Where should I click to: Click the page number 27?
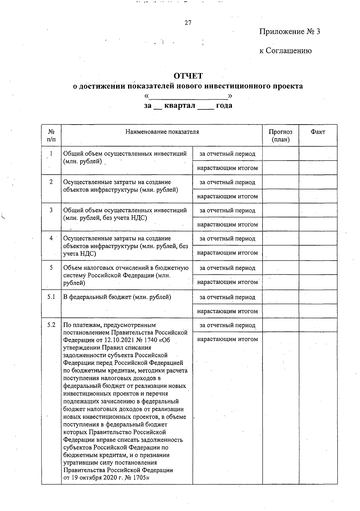[188, 23]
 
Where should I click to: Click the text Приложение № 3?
[289, 32]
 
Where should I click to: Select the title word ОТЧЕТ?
[188, 76]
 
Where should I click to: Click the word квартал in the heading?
[180, 105]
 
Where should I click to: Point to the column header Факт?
[318, 132]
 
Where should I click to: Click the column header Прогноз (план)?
[280, 136]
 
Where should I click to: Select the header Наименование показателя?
[162, 132]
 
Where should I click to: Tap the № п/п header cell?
[51, 136]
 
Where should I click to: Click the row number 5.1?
[51, 297]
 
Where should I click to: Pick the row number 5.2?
[51, 325]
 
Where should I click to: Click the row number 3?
[51, 210]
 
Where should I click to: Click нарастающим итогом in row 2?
[227, 196]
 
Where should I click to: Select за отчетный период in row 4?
[227, 239]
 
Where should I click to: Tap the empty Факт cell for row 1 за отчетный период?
[318, 154]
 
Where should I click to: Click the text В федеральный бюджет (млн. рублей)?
[117, 297]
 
